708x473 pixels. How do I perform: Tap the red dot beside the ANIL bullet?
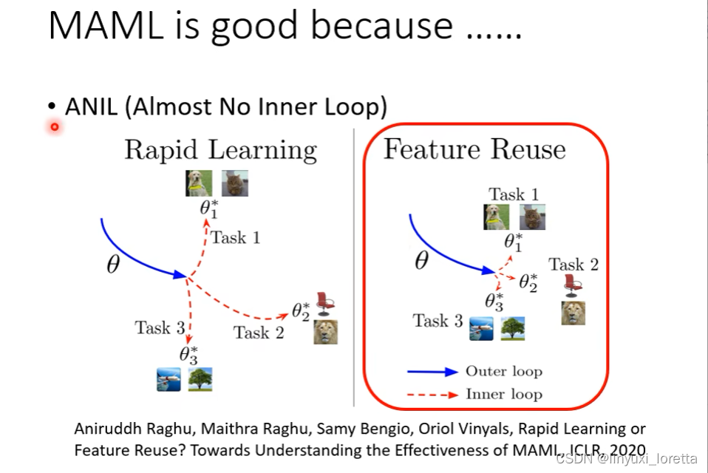pyautogui.click(x=54, y=127)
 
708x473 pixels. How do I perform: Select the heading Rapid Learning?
pyautogui.click(x=220, y=150)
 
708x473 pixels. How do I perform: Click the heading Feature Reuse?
pyautogui.click(x=474, y=150)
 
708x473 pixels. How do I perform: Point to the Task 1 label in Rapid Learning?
pyautogui.click(x=235, y=237)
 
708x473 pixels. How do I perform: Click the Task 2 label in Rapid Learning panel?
pyautogui.click(x=259, y=333)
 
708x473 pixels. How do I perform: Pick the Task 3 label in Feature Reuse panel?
pyautogui.click(x=438, y=321)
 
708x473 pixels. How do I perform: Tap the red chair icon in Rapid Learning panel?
pyautogui.click(x=324, y=300)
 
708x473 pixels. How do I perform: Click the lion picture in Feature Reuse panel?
pyautogui.click(x=573, y=313)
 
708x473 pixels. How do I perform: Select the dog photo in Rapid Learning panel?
pyautogui.click(x=199, y=183)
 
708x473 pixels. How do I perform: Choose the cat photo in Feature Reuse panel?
pyautogui.click(x=532, y=217)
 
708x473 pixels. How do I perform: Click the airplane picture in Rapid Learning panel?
pyautogui.click(x=169, y=380)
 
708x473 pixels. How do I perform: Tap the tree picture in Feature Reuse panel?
pyautogui.click(x=513, y=328)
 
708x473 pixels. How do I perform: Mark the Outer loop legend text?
pyautogui.click(x=503, y=371)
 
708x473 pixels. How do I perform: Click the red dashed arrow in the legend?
pyautogui.click(x=432, y=395)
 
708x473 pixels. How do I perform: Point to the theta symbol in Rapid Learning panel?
pyautogui.click(x=112, y=265)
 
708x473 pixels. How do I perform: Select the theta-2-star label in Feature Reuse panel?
pyautogui.click(x=528, y=282)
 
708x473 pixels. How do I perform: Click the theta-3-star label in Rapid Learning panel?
pyautogui.click(x=188, y=355)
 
